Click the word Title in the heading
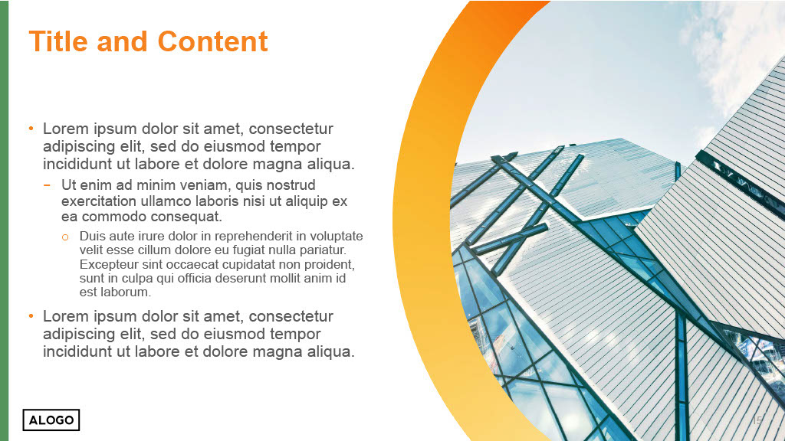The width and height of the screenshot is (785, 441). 58,41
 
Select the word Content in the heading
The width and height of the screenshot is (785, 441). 213,41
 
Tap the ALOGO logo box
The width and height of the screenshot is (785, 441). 51,420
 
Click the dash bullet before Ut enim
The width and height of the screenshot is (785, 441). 47,185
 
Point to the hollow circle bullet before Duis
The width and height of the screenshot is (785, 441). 65,237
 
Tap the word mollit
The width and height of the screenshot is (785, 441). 287,278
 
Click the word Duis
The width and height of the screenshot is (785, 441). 91,236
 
